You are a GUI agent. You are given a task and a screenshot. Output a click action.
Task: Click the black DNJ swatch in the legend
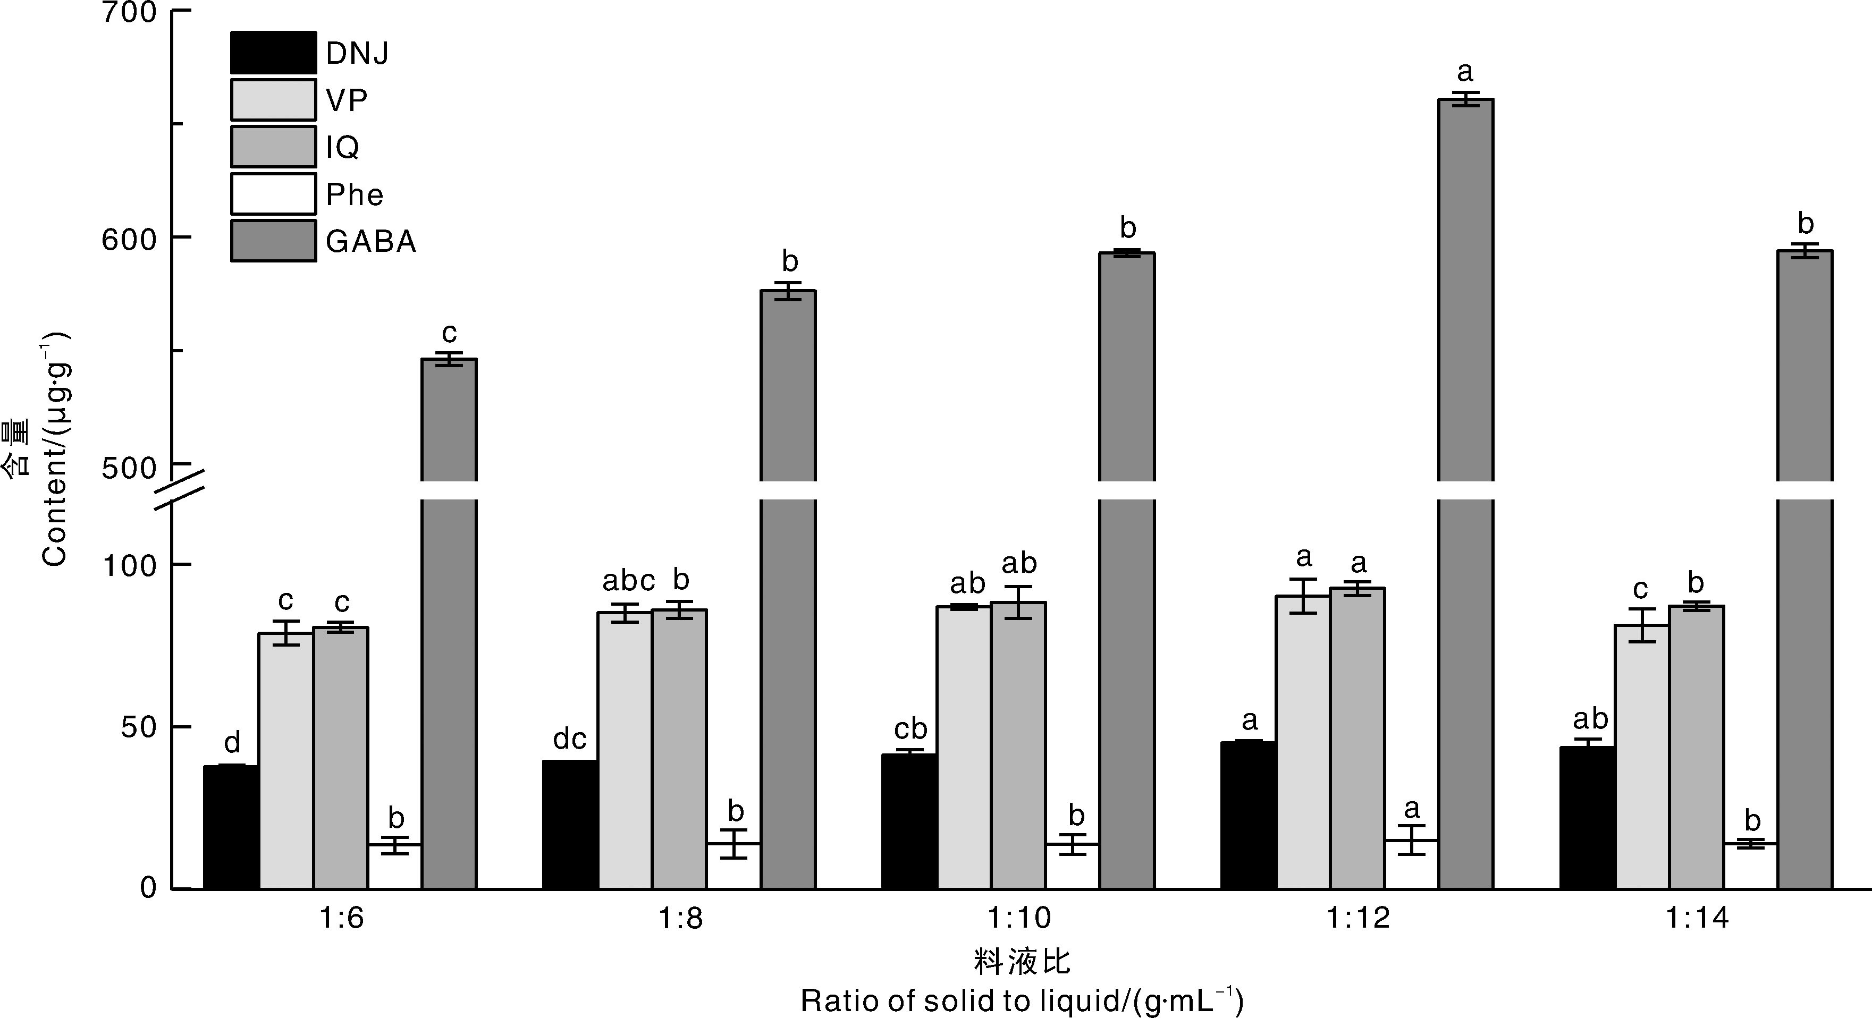click(273, 52)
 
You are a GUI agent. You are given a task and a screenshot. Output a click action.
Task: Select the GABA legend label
click(370, 241)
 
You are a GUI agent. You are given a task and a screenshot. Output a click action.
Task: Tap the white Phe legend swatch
click(273, 194)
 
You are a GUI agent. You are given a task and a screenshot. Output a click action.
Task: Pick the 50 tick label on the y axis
click(138, 727)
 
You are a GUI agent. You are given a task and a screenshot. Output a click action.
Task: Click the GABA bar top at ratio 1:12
click(1466, 100)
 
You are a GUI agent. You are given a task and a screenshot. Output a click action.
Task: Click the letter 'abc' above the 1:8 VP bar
click(629, 581)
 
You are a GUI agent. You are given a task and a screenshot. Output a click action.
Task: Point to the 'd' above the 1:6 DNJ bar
click(232, 743)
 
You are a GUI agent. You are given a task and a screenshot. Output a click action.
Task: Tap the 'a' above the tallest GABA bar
click(1465, 72)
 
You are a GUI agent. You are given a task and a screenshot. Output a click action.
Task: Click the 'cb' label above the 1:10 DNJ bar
click(910, 729)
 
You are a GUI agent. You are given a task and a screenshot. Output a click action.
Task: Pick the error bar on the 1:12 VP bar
click(1304, 596)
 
